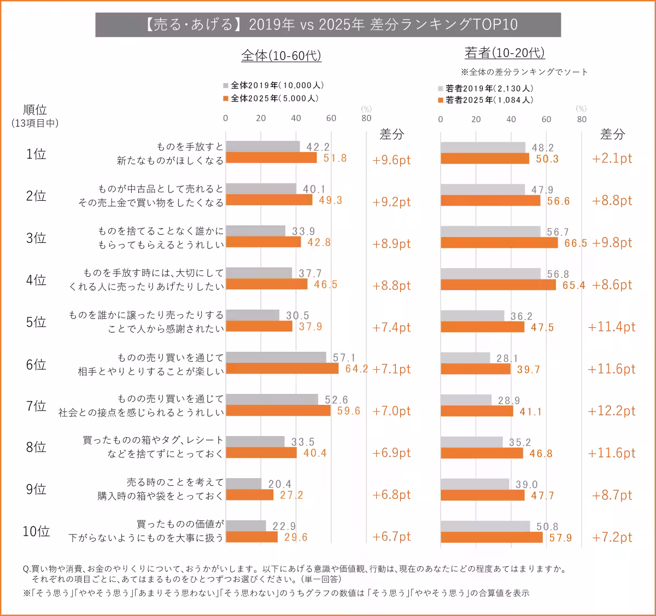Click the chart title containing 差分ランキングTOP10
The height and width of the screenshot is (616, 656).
(x=328, y=25)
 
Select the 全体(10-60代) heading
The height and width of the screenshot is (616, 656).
(x=281, y=56)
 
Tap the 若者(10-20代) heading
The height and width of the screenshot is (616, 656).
(x=505, y=53)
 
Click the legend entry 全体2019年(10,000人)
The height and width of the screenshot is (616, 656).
(x=274, y=85)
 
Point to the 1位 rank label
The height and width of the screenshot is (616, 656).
(x=36, y=154)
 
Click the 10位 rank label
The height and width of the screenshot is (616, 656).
(x=36, y=531)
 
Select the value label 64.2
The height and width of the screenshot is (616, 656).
(x=356, y=369)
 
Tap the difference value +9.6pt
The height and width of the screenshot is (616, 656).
(x=391, y=160)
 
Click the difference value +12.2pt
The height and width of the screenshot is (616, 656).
(x=612, y=411)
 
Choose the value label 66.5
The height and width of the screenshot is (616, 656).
(x=576, y=243)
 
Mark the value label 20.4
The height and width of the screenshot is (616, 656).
(x=280, y=484)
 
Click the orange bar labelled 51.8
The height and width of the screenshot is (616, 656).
(x=271, y=158)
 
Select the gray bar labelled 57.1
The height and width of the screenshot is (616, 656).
(x=276, y=357)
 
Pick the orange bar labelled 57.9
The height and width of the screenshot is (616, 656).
(x=491, y=537)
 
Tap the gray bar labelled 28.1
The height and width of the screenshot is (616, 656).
(x=465, y=358)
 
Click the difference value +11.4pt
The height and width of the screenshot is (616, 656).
(x=612, y=327)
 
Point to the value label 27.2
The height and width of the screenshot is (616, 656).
(x=291, y=495)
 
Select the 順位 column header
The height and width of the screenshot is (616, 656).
(x=35, y=110)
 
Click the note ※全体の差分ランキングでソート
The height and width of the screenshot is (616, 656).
(x=524, y=72)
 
